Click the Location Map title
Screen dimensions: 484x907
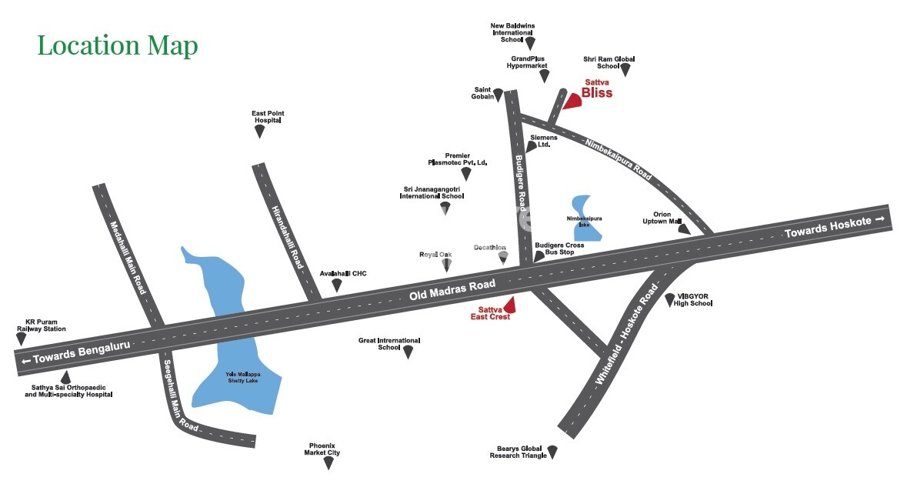[x=118, y=45]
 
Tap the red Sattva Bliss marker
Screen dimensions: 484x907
[x=572, y=101]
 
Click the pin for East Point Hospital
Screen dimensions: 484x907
[x=260, y=131]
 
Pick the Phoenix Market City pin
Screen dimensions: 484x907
[x=328, y=462]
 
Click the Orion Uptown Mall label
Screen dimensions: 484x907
[x=662, y=218]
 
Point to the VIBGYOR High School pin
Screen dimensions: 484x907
[x=669, y=300]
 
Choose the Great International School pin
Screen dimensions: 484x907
[x=408, y=352]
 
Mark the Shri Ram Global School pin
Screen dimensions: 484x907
[x=625, y=69]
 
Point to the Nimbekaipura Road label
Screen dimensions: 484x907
[x=618, y=159]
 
